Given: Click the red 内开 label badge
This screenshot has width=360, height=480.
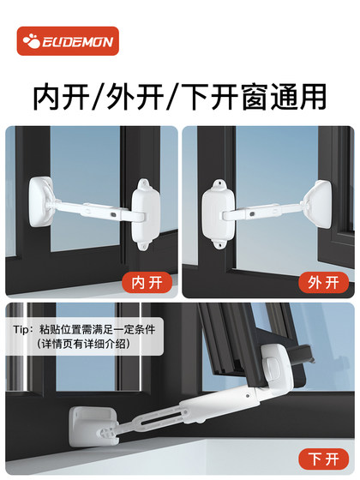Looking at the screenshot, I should [147, 280].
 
